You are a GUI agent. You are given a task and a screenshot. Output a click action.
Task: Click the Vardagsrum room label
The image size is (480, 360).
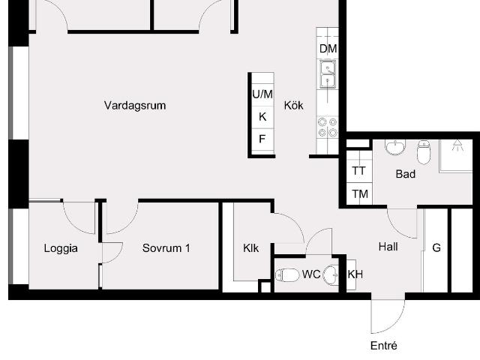tap(135, 106)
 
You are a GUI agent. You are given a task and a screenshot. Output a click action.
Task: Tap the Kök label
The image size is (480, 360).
tap(293, 105)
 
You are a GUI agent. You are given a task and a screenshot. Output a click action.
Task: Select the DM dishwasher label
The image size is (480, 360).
tap(328, 48)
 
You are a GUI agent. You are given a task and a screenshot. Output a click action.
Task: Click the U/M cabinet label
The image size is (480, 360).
tap(262, 94)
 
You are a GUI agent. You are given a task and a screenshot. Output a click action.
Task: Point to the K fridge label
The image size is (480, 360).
tap(262, 117)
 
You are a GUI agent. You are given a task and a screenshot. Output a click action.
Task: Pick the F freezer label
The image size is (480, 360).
tap(262, 139)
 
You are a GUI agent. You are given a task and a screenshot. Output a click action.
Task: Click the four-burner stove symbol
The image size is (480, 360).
tap(328, 127)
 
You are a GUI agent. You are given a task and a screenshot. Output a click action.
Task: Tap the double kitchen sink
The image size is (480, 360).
tap(328, 74)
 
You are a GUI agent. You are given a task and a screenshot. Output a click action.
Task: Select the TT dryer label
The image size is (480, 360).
tap(358, 170)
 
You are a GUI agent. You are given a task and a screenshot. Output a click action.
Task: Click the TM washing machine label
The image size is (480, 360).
tap(360, 194)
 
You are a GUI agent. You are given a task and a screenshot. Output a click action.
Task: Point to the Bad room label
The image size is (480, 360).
tap(406, 174)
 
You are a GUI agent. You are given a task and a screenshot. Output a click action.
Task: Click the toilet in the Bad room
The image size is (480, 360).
tap(424, 151)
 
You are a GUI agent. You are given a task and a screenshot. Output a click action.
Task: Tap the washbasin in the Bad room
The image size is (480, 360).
tap(395, 148)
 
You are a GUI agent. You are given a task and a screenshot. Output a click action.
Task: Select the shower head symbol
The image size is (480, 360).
tap(457, 145)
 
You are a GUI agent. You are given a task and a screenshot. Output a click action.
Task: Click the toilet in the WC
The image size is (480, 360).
tap(287, 275)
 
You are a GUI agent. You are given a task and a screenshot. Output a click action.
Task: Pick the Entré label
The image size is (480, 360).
tap(384, 346)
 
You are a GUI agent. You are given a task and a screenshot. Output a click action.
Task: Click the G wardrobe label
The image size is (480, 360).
tap(436, 247)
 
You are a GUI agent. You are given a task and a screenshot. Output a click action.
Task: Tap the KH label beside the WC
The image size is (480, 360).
tap(355, 274)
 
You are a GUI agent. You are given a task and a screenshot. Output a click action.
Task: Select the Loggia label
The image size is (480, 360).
tap(61, 248)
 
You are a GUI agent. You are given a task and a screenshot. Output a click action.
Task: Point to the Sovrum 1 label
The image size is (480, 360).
tap(166, 248)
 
